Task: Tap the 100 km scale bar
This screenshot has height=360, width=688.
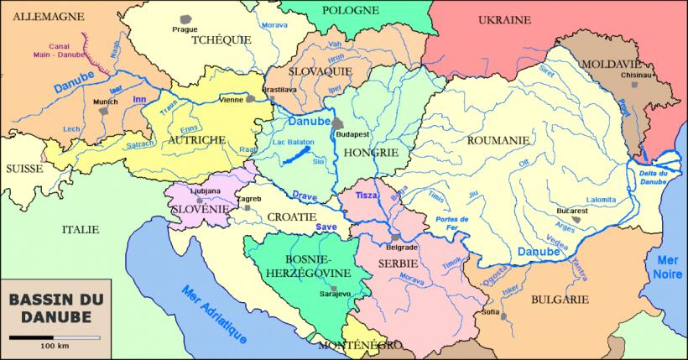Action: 54,337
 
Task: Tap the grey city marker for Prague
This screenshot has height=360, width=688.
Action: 185,18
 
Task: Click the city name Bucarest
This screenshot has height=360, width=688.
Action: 571,210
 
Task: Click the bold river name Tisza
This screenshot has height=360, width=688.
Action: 367,195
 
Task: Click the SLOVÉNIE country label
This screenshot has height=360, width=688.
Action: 199,208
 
